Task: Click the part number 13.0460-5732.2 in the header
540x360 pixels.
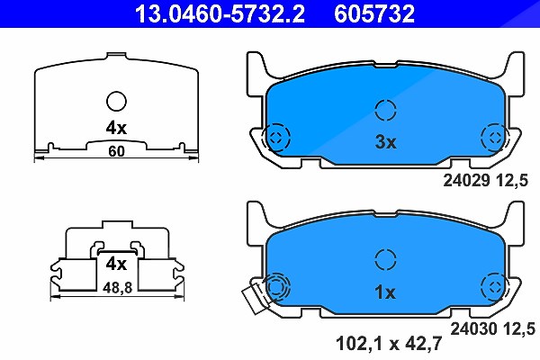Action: tap(220, 13)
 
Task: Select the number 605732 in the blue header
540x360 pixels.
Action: tap(374, 13)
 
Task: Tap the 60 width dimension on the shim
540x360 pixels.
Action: tap(116, 151)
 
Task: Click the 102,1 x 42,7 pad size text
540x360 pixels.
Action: tap(389, 344)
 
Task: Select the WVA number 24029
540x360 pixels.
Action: tap(466, 180)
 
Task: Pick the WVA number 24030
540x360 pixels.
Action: tap(474, 328)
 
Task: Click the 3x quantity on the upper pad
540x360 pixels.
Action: tap(386, 141)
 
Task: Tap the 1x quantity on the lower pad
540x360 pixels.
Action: tap(385, 292)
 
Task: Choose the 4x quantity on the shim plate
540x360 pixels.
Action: tap(116, 128)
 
